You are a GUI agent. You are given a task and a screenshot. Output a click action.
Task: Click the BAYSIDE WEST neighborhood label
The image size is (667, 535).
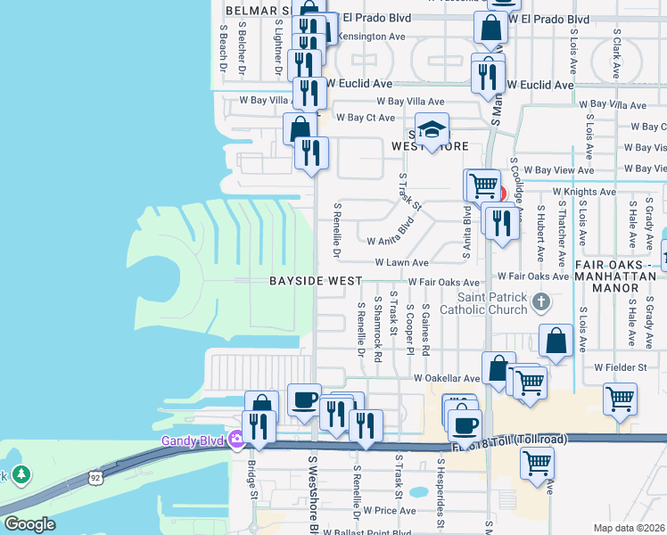click(x=317, y=281)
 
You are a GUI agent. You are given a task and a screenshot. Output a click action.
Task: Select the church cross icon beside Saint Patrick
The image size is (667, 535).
click(x=540, y=303)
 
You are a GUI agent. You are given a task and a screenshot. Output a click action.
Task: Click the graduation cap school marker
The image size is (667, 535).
click(x=432, y=131)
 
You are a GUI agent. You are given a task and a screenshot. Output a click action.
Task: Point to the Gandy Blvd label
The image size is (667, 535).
click(x=194, y=440)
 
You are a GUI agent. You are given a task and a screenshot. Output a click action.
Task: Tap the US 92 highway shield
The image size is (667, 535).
click(x=94, y=479)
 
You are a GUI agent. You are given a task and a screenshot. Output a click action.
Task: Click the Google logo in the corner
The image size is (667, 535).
click(x=29, y=524)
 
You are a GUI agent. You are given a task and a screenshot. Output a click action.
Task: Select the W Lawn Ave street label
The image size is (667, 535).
click(x=401, y=263)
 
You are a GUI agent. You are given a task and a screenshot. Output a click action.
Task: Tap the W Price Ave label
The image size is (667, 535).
click(x=385, y=511)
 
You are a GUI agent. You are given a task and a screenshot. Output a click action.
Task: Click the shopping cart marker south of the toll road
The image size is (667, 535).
click(x=537, y=463)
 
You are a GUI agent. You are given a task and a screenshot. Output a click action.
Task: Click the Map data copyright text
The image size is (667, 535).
click(x=628, y=528)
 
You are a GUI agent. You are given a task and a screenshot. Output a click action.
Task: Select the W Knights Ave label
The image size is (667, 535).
click(x=584, y=192)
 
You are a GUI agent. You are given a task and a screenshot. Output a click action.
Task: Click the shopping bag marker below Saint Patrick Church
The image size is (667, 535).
click(x=556, y=342)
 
